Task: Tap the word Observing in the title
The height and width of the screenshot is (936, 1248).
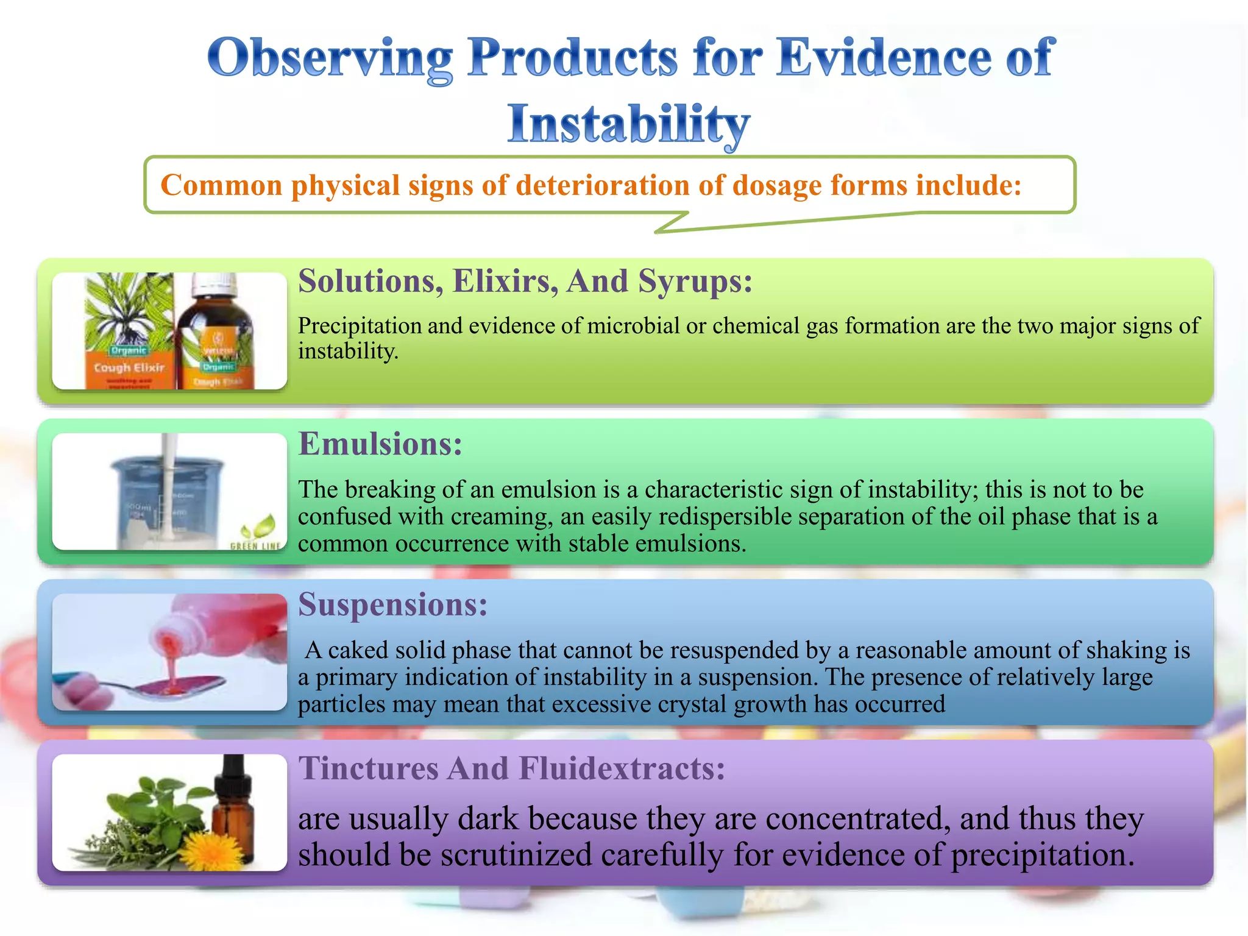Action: point(330,58)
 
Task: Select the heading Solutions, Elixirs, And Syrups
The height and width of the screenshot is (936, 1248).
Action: point(525,282)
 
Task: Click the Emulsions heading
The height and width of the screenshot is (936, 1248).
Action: point(380,444)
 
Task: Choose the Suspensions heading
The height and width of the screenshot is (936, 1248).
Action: point(392,604)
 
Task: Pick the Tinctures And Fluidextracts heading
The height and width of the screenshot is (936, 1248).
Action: point(511,768)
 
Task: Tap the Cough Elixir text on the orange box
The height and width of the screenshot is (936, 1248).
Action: point(129,367)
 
